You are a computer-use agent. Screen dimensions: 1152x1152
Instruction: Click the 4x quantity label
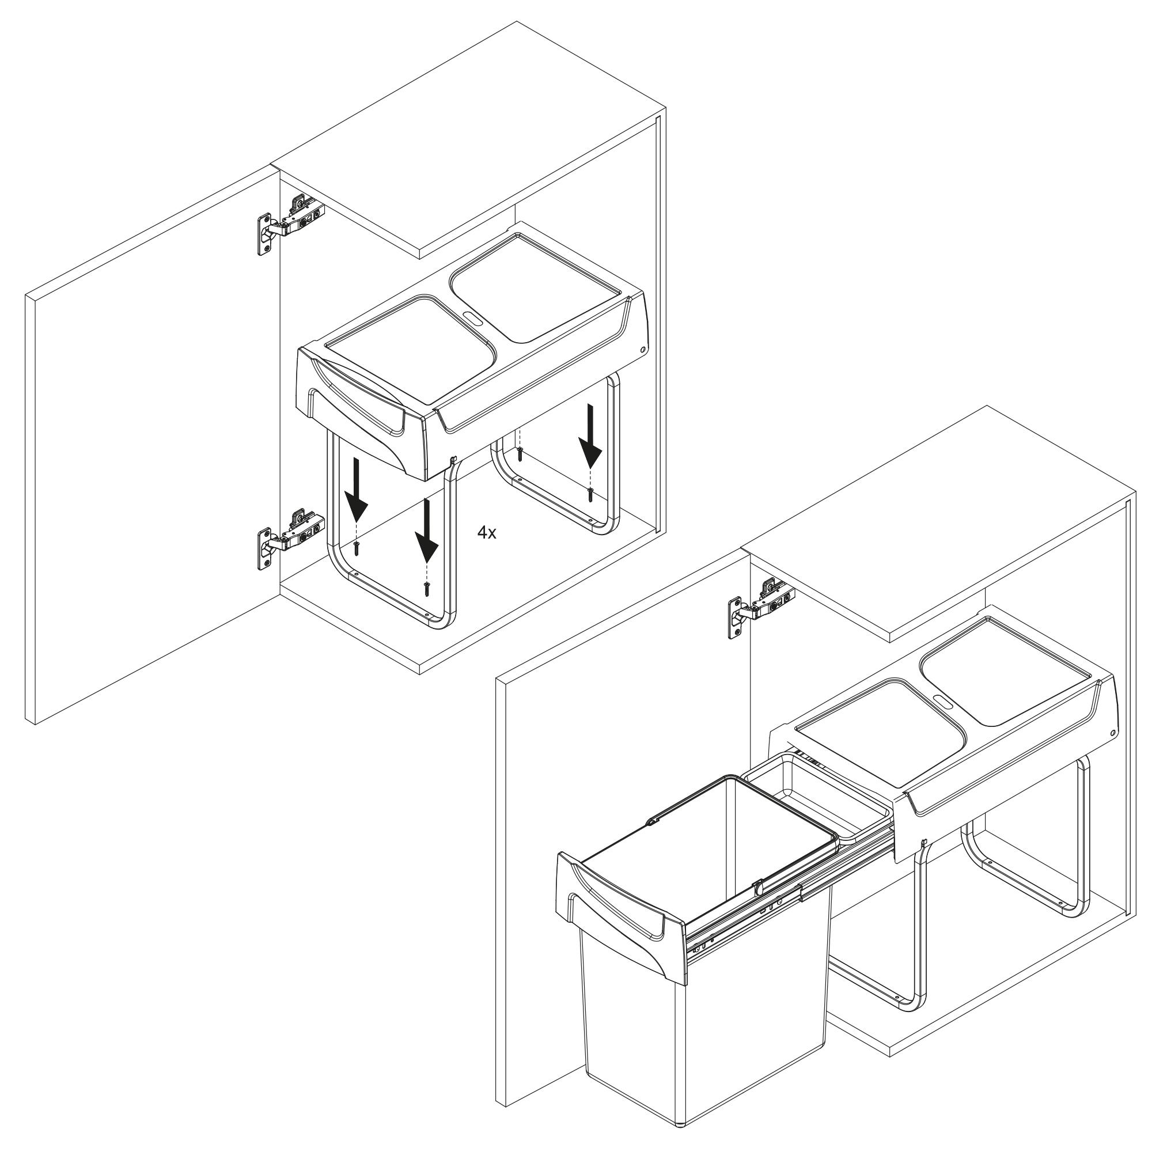[487, 533]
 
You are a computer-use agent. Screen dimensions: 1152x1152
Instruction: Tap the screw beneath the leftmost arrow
[357, 548]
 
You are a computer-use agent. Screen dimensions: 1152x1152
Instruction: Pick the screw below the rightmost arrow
[590, 494]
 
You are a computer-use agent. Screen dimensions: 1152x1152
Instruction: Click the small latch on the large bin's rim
[757, 902]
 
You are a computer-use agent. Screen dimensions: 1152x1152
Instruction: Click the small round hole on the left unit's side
[643, 350]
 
